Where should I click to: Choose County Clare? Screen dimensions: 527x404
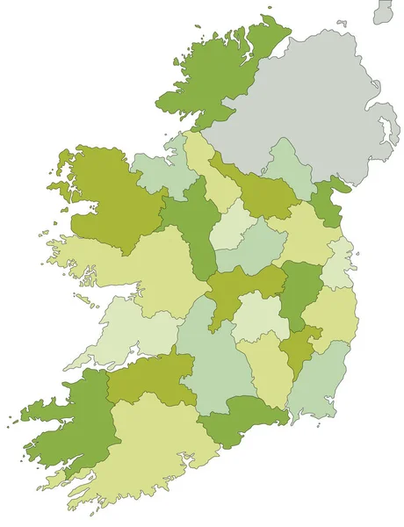(x=132, y=329)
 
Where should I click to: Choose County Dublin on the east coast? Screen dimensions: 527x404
(x=338, y=263)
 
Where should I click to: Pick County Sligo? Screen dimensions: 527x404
(x=162, y=171)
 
